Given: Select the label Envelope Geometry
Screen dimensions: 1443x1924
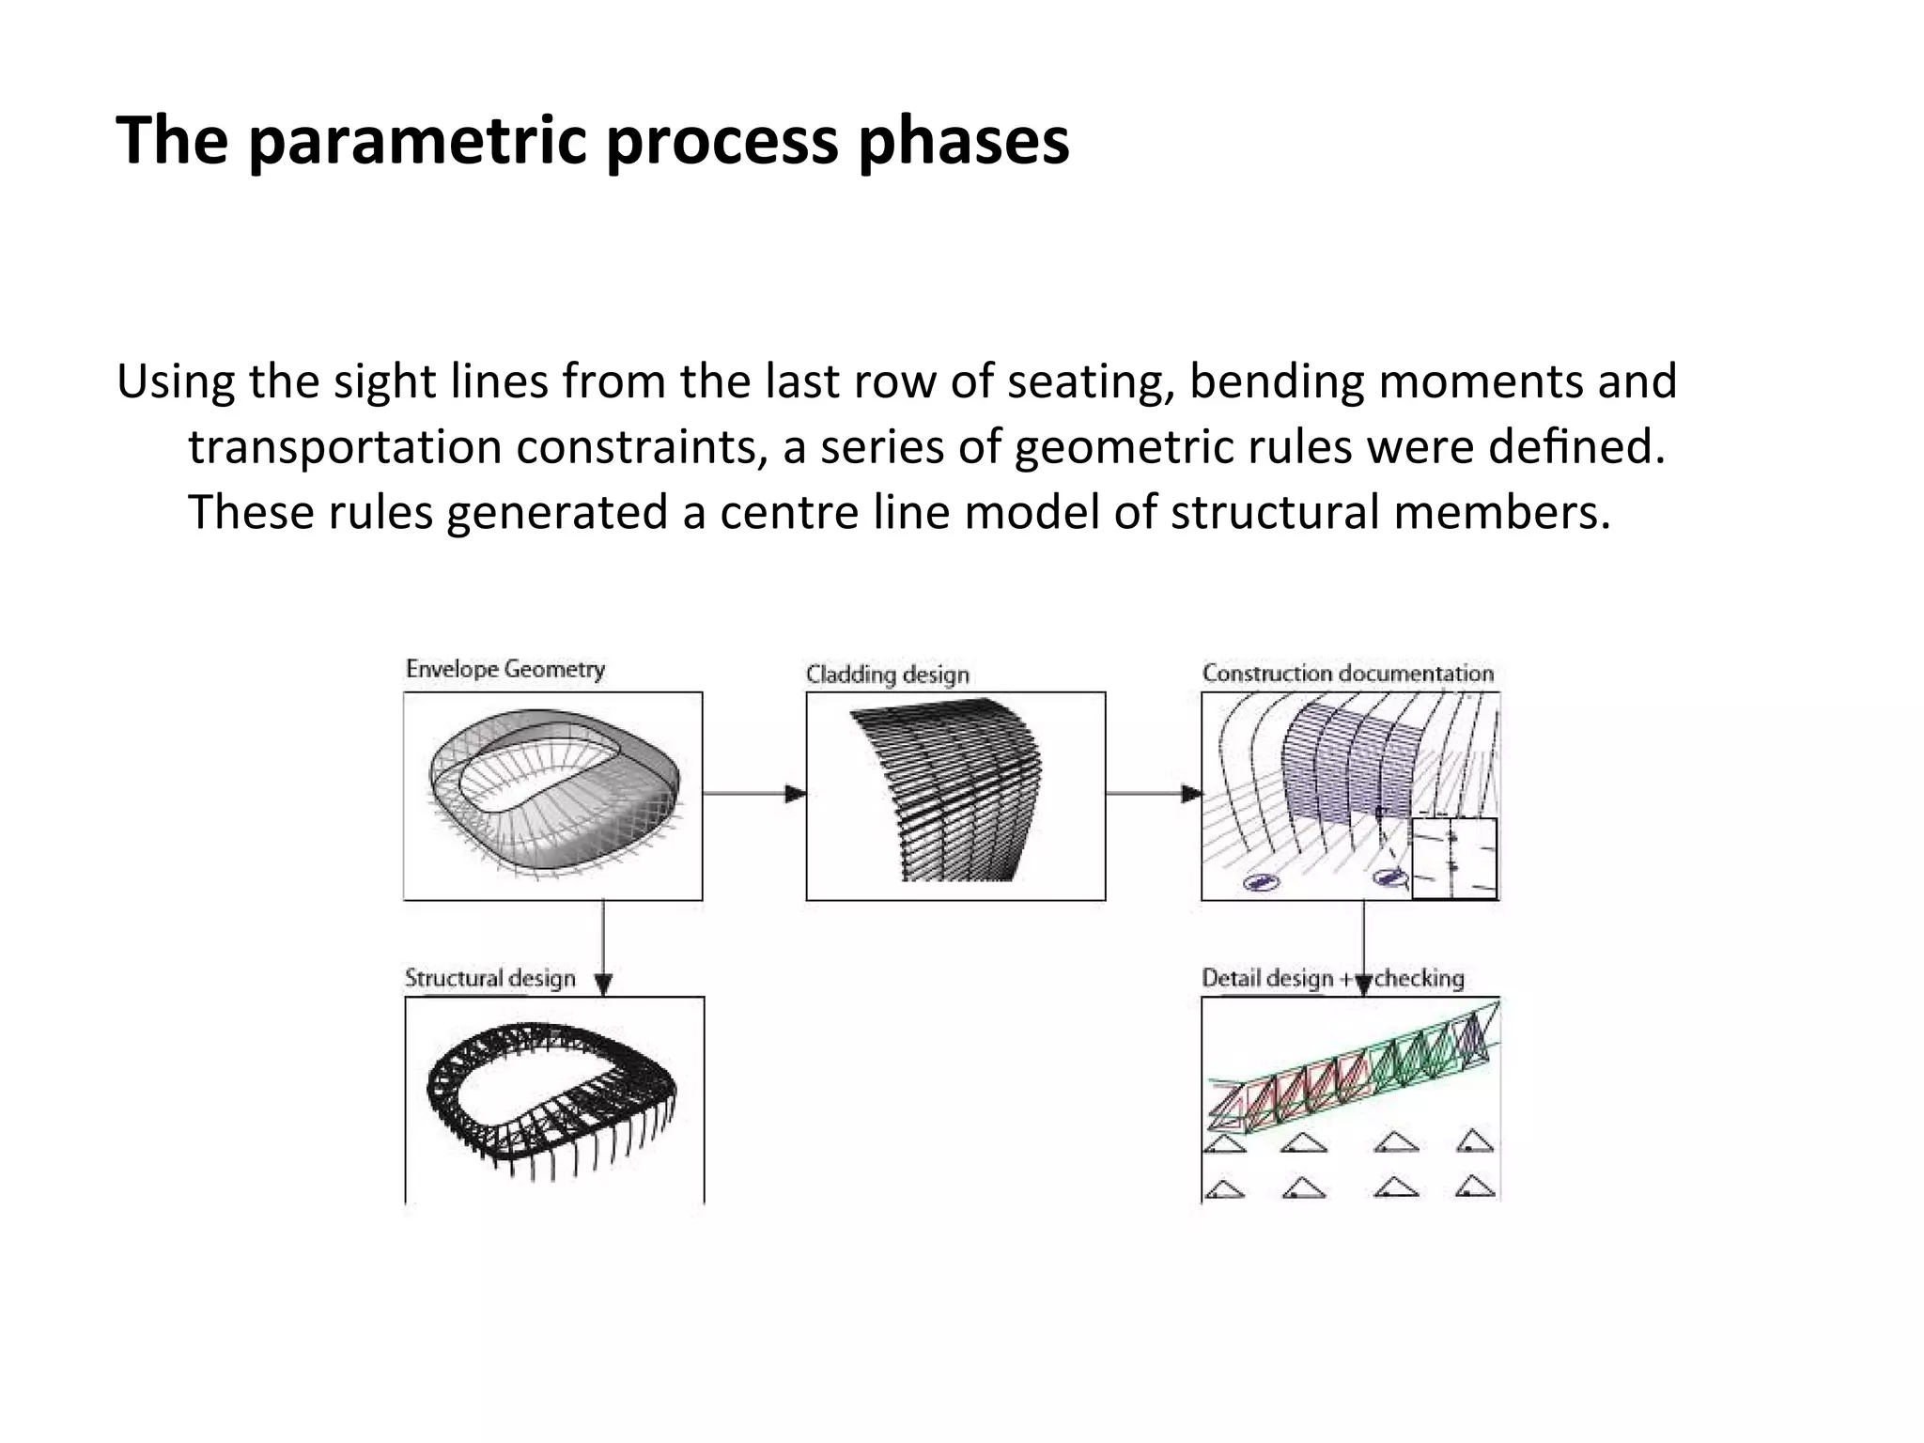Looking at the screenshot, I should (504, 670).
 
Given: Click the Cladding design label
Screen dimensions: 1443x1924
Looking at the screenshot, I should (887, 675).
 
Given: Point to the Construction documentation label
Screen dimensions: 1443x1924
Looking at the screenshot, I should (1347, 674).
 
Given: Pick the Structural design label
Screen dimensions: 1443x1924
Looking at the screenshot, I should (489, 978).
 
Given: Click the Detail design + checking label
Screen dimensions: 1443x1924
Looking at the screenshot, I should (1332, 978).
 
